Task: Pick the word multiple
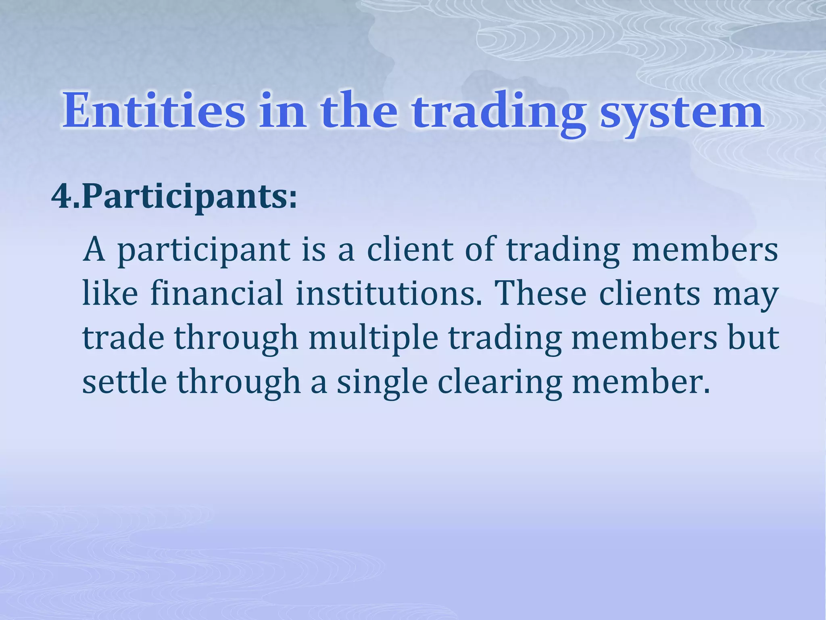[x=373, y=338]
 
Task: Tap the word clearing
[x=500, y=383]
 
